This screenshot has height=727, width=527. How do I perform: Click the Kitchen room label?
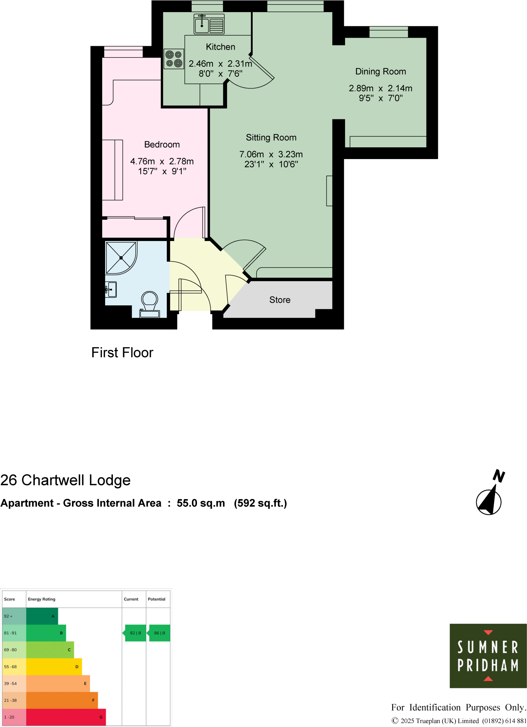pyautogui.click(x=220, y=47)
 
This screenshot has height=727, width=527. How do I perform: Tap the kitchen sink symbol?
pyautogui.click(x=209, y=24)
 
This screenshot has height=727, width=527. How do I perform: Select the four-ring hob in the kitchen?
pyautogui.click(x=174, y=59)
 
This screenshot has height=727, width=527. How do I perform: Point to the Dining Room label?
pyautogui.click(x=380, y=71)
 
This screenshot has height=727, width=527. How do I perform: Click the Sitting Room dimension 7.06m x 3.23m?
pyautogui.click(x=271, y=154)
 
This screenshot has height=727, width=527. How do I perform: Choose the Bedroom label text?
pyautogui.click(x=162, y=144)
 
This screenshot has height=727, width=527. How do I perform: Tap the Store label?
pyautogui.click(x=280, y=300)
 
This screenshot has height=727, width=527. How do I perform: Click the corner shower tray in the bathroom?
pyautogui.click(x=121, y=257)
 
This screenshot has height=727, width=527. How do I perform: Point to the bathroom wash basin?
pyautogui.click(x=111, y=290)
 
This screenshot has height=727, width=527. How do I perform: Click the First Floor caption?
pyautogui.click(x=122, y=352)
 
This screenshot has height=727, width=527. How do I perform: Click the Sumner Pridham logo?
pyautogui.click(x=488, y=656)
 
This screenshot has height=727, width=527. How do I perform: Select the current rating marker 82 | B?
pyautogui.click(x=135, y=633)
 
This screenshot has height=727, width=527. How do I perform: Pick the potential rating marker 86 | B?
pyautogui.click(x=159, y=633)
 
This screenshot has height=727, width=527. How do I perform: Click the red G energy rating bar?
pyautogui.click(x=66, y=717)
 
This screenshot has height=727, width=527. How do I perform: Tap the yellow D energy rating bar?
pyautogui.click(x=54, y=667)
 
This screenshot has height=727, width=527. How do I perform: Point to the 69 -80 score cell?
pyautogui.click(x=14, y=650)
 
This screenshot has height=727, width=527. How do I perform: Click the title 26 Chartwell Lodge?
pyautogui.click(x=66, y=480)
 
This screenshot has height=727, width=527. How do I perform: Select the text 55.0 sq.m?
pyautogui.click(x=201, y=503)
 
